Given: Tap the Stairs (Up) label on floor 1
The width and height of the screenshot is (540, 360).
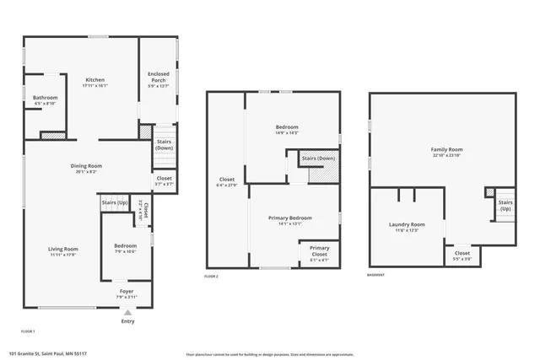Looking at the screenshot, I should (114, 202).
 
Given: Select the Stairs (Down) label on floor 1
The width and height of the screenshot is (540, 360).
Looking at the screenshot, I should (164, 145).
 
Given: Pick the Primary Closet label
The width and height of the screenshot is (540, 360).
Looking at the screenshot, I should (319, 250).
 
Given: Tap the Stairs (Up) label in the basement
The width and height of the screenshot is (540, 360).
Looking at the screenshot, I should (505, 205).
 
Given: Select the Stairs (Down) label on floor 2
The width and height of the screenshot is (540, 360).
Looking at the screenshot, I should (318, 159).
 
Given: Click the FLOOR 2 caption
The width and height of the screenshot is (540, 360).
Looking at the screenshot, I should (211, 277).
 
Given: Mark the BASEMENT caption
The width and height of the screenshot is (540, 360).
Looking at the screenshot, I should (376, 277).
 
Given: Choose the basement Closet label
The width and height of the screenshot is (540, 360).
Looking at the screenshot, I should (462, 255).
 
